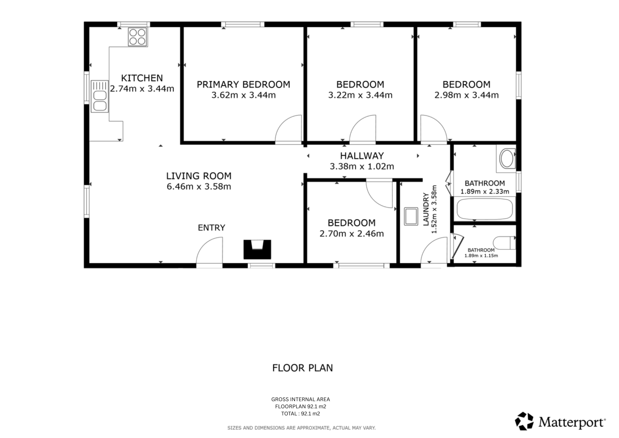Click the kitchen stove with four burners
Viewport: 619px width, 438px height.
(x=138, y=37)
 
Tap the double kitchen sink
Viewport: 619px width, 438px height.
(x=100, y=96)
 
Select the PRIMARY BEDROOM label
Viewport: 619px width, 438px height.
(x=244, y=84)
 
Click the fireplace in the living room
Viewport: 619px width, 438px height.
(x=257, y=249)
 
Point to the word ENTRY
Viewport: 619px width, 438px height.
(x=211, y=228)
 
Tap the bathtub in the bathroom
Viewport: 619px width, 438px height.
(x=485, y=209)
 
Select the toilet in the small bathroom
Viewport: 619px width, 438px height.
(x=504, y=243)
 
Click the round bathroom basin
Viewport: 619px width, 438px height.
(x=507, y=159)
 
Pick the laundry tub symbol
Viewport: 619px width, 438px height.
(x=411, y=216)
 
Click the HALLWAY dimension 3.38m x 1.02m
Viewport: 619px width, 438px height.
(x=362, y=167)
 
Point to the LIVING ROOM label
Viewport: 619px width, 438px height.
(x=199, y=176)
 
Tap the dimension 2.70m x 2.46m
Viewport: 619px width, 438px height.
(x=352, y=234)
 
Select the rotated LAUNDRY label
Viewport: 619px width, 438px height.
(x=426, y=209)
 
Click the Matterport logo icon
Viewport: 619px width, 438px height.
(x=524, y=421)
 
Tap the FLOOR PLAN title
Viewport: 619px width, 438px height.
(x=303, y=368)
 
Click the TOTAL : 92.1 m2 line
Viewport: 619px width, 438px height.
(x=300, y=414)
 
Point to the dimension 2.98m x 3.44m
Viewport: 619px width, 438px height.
(x=466, y=95)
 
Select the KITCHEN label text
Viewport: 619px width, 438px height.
(x=142, y=78)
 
